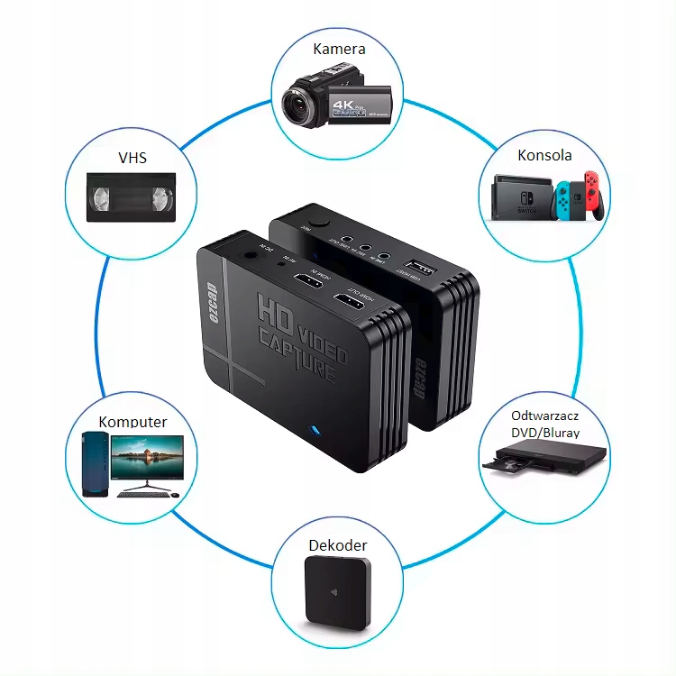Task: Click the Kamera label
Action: pos(339,49)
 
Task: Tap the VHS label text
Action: pos(132,159)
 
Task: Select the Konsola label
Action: pos(544,155)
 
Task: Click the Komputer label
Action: pos(132,422)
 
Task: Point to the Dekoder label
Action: pos(338,545)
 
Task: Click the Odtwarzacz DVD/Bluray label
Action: pos(544,424)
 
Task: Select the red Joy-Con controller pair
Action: pos(591,196)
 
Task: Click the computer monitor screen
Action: pos(148,458)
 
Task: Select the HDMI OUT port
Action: pos(346,304)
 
